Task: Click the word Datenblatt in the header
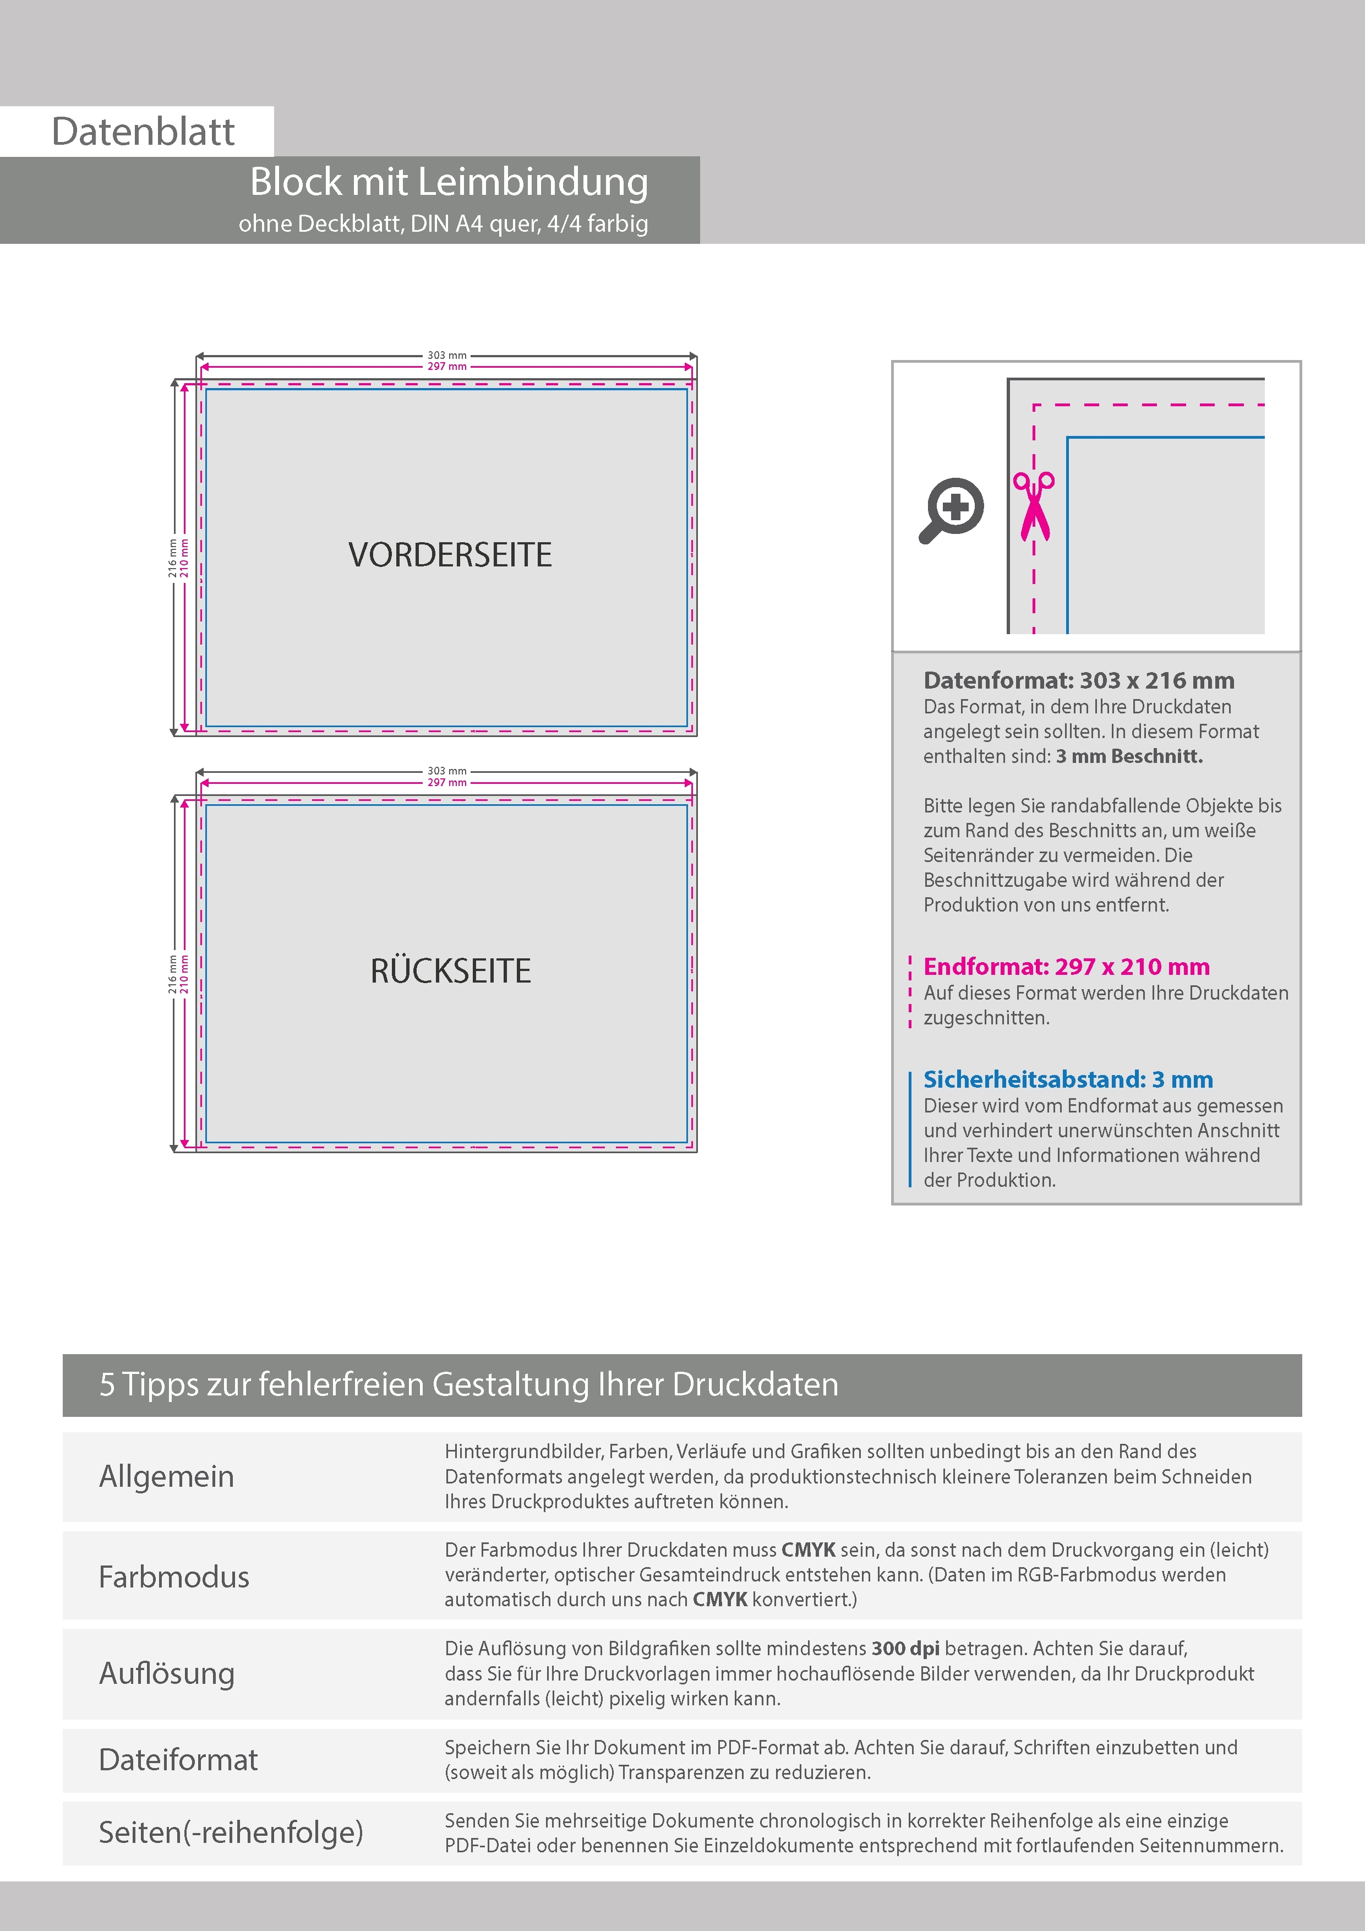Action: [143, 131]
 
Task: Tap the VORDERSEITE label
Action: [450, 555]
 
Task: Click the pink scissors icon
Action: [1034, 505]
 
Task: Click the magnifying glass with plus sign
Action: [951, 510]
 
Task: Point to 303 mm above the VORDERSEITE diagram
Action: [446, 356]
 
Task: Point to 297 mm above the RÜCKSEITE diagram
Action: [446, 783]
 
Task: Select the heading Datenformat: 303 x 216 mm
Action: [1078, 680]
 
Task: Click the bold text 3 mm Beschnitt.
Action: [1129, 756]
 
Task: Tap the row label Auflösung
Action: [167, 1673]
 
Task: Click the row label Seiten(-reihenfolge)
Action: [231, 1832]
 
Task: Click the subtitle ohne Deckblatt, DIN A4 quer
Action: [443, 223]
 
